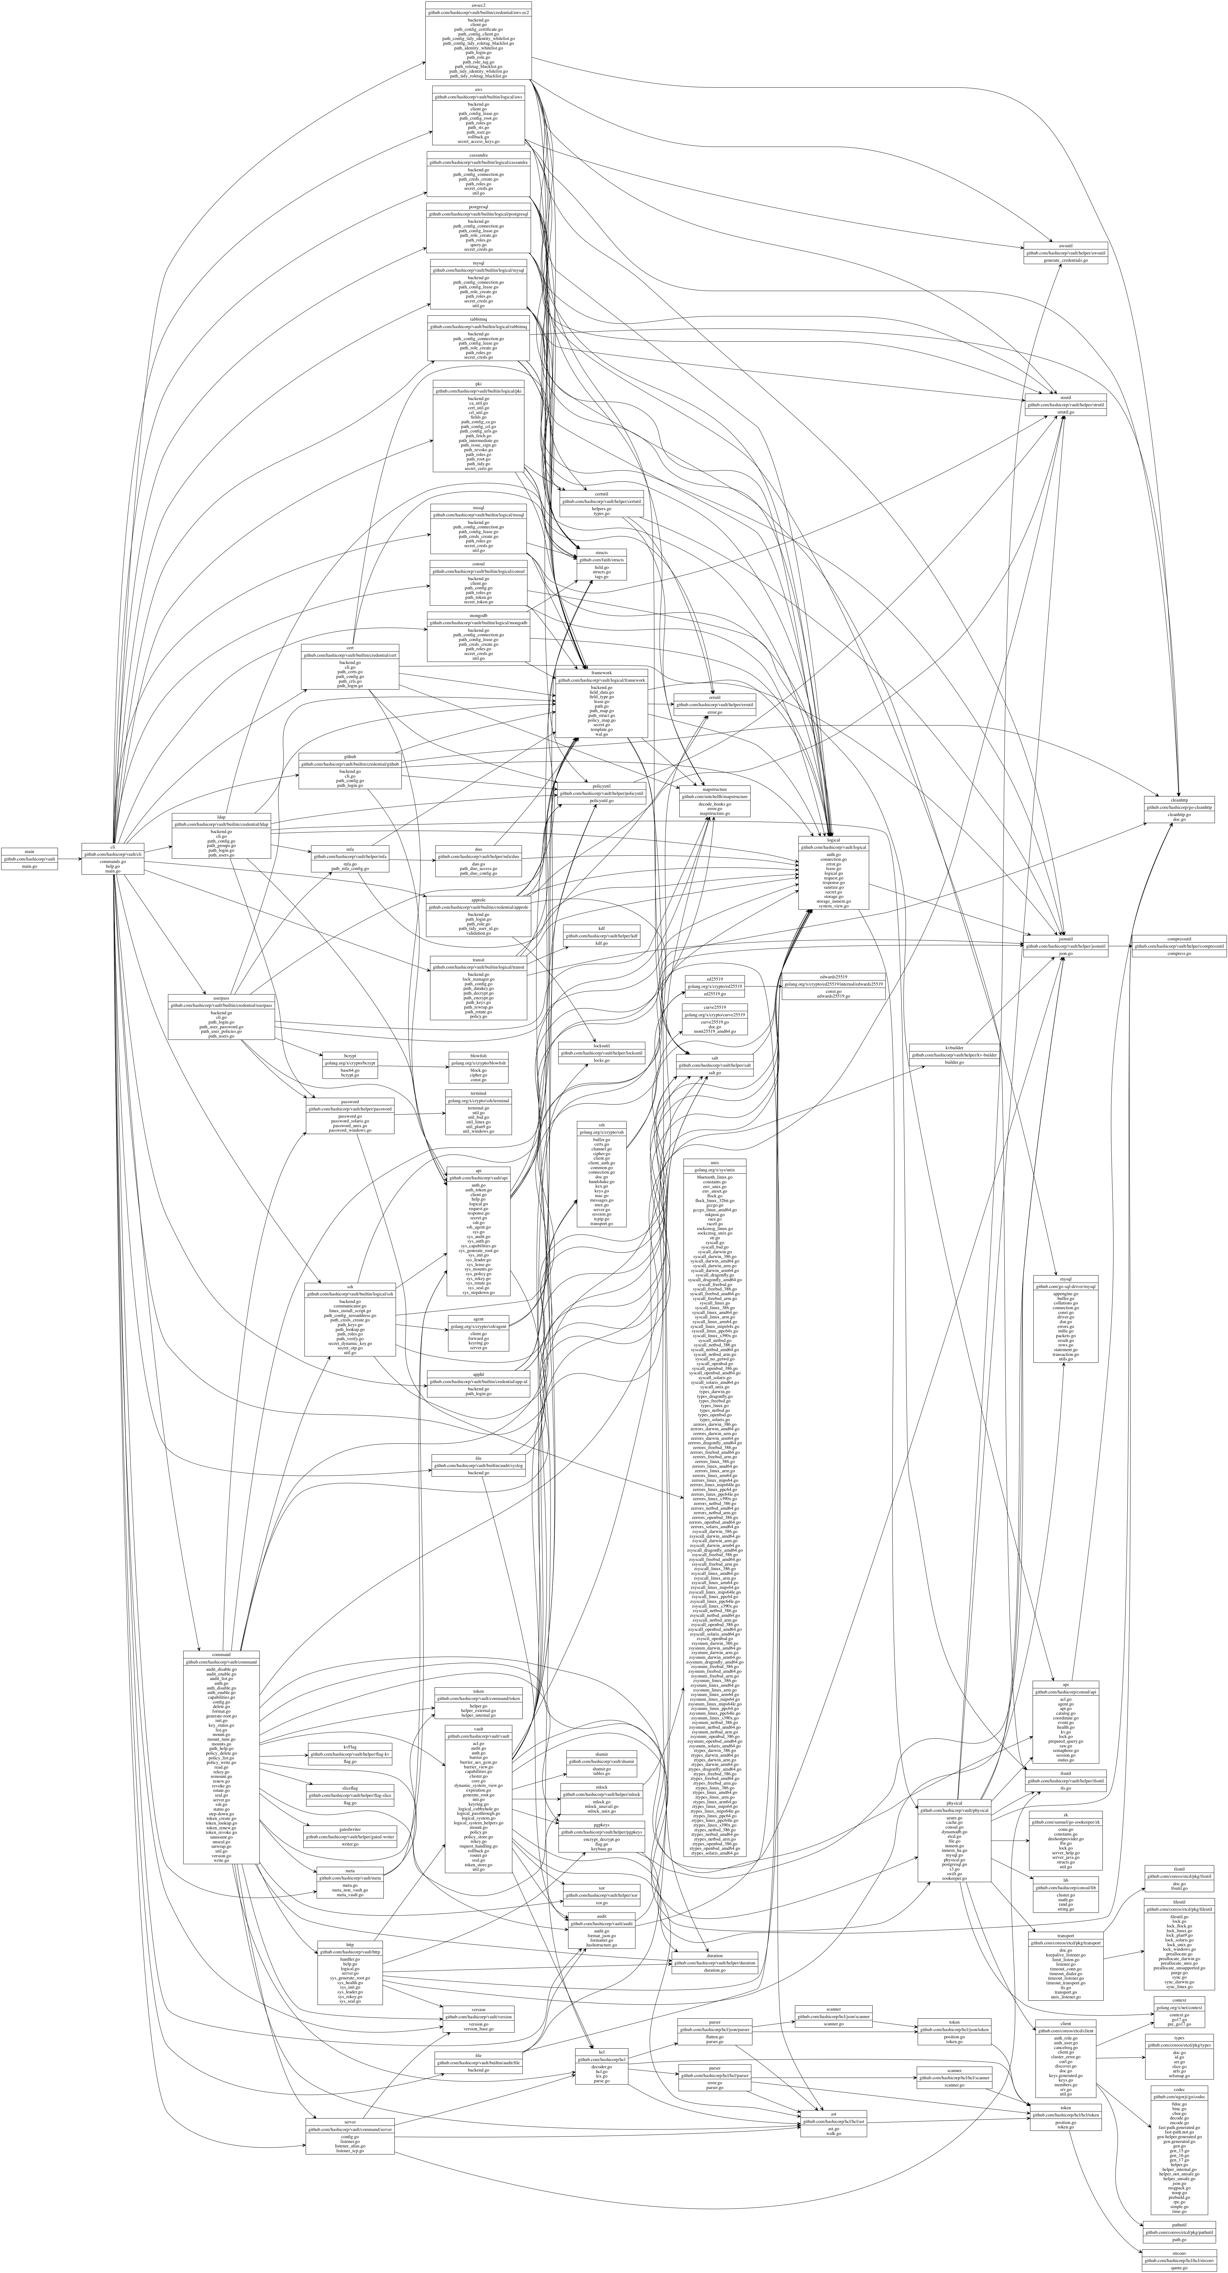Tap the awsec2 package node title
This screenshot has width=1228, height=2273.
[477, 4]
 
